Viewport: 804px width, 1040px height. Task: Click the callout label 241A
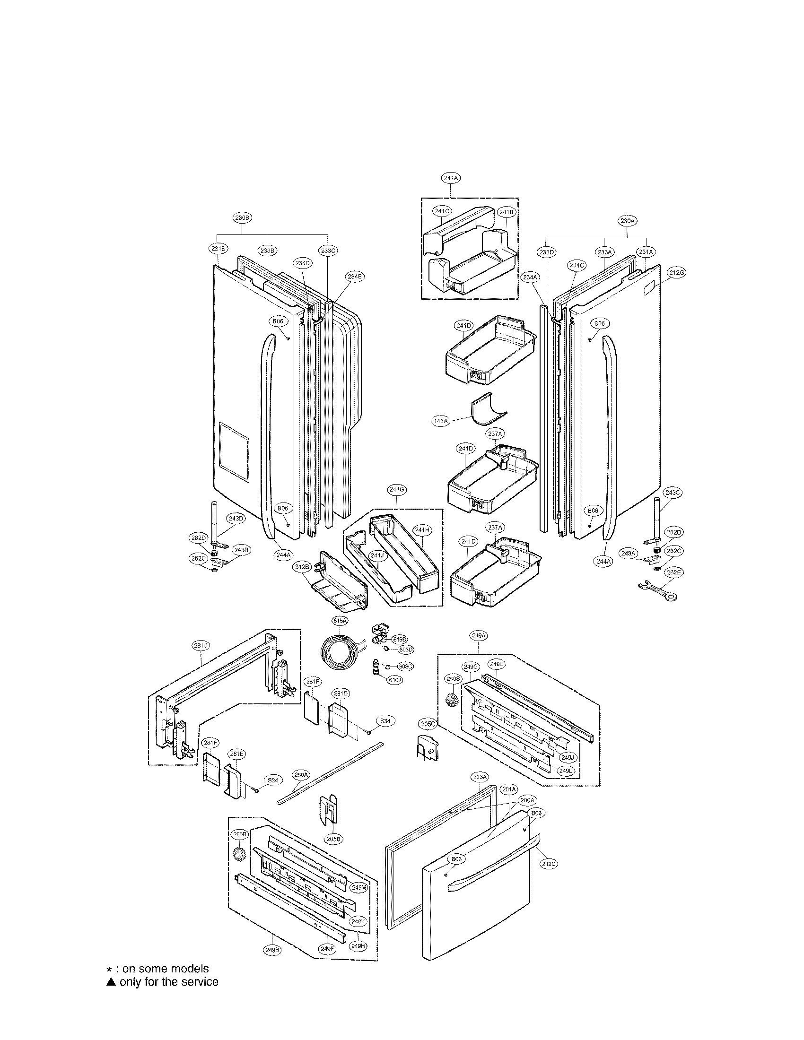click(x=450, y=178)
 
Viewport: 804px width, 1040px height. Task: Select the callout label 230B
click(x=242, y=217)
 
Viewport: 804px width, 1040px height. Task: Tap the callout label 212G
click(x=676, y=273)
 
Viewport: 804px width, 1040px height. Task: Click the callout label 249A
click(x=478, y=636)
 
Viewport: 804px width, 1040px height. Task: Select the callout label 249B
click(x=271, y=963)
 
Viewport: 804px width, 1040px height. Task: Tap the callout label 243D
click(x=236, y=519)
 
